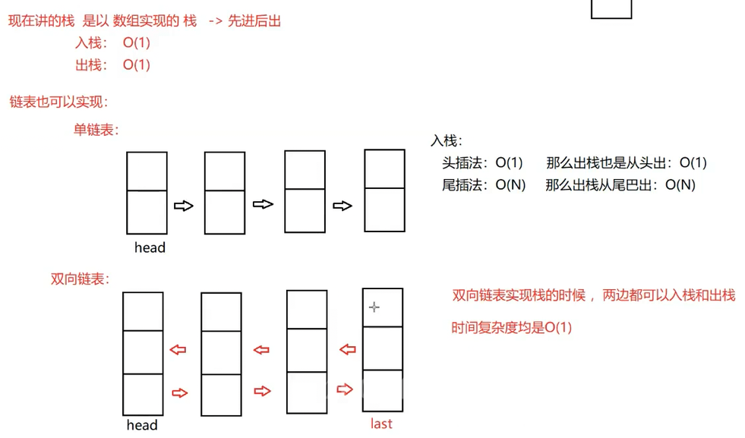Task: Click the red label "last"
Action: click(381, 423)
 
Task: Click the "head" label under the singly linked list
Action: click(150, 247)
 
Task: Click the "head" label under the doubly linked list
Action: click(142, 424)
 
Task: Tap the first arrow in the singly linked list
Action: click(184, 206)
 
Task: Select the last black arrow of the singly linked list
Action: click(343, 206)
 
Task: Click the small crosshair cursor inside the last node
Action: click(374, 307)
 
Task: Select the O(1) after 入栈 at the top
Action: click(137, 43)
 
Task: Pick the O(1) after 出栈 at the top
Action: click(137, 65)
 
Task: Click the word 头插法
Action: click(462, 162)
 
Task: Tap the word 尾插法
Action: click(462, 184)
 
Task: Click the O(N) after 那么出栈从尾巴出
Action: click(680, 184)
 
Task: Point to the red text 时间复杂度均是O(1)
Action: click(511, 328)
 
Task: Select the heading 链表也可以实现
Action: click(58, 101)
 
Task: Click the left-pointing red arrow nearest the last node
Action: click(347, 350)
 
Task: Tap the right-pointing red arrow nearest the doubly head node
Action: click(179, 392)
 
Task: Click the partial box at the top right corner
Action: click(611, 8)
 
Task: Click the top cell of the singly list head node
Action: click(147, 172)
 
